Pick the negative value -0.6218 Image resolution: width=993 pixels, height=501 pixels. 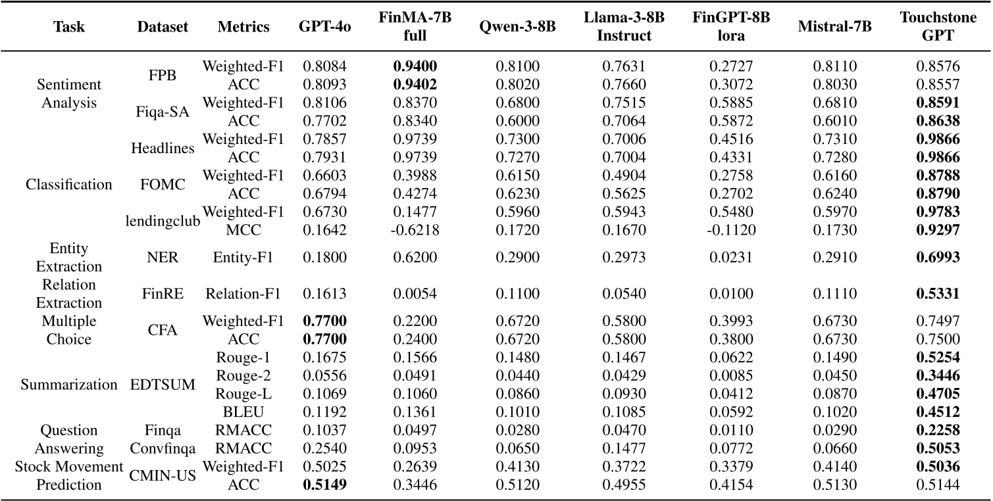[x=415, y=231]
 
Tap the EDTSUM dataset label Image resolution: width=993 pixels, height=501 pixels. [x=163, y=385]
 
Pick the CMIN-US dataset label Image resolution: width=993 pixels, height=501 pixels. [x=163, y=477]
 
